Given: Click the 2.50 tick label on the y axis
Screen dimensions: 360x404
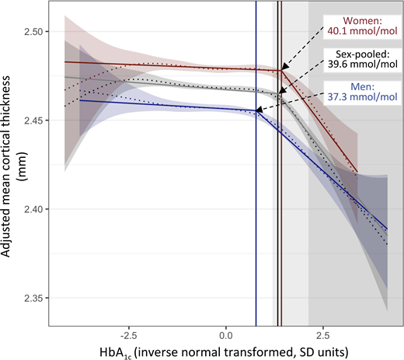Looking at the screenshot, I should click(34, 32).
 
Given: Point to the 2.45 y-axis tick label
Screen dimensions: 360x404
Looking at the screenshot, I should click(34, 121).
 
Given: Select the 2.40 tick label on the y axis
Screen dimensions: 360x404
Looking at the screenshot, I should click(34, 210).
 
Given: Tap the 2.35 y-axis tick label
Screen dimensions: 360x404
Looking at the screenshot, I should click(34, 299).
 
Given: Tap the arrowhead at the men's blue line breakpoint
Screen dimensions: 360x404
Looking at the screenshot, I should click(259, 113).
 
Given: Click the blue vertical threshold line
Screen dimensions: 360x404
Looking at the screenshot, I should click(256, 233).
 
